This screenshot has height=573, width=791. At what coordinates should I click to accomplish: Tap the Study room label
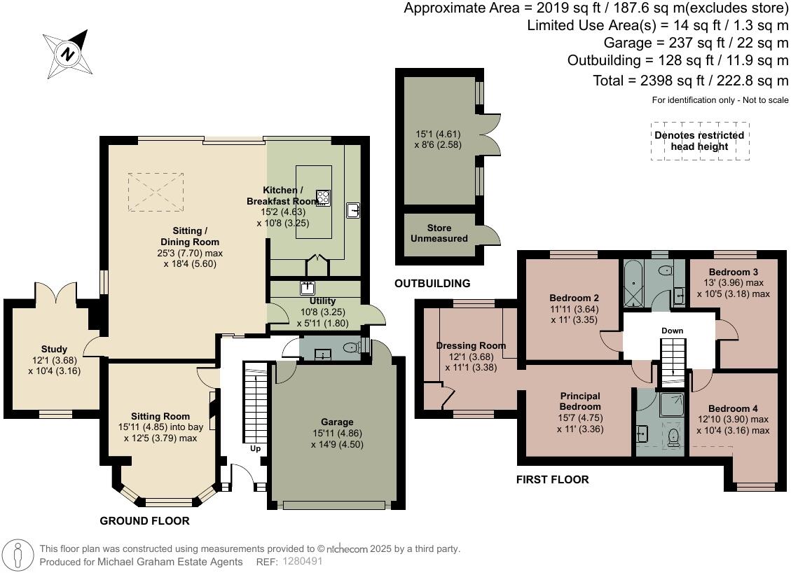pyautogui.click(x=54, y=349)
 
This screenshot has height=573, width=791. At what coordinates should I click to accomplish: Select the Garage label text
pyautogui.click(x=337, y=422)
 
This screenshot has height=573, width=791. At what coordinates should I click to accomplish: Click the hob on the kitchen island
pyautogui.click(x=323, y=198)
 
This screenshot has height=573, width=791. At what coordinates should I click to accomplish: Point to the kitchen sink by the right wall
pyautogui.click(x=353, y=210)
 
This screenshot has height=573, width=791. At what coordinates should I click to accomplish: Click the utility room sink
pyautogui.click(x=307, y=287)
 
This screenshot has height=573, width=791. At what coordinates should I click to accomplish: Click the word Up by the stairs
pyautogui.click(x=256, y=448)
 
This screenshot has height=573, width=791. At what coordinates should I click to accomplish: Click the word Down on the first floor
pyautogui.click(x=673, y=331)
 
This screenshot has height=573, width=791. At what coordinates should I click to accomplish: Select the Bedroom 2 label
pyautogui.click(x=574, y=298)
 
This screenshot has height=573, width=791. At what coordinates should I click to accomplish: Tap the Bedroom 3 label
pyautogui.click(x=734, y=272)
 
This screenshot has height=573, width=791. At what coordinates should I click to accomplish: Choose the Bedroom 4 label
pyautogui.click(x=733, y=408)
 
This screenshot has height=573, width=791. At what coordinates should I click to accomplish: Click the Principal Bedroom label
pyautogui.click(x=580, y=401)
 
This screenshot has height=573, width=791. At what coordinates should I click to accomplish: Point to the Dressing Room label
pyautogui.click(x=472, y=345)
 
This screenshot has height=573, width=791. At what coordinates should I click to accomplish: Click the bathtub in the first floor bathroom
pyautogui.click(x=632, y=284)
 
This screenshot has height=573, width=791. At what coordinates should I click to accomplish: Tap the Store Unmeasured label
pyautogui.click(x=439, y=233)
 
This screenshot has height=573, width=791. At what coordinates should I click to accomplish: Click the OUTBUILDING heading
pyautogui.click(x=432, y=284)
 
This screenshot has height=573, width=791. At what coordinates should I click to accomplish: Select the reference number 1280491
pyautogui.click(x=302, y=561)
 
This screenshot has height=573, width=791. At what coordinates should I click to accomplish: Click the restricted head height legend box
pyautogui.click(x=700, y=141)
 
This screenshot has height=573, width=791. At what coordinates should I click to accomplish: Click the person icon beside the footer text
pyautogui.click(x=18, y=555)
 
